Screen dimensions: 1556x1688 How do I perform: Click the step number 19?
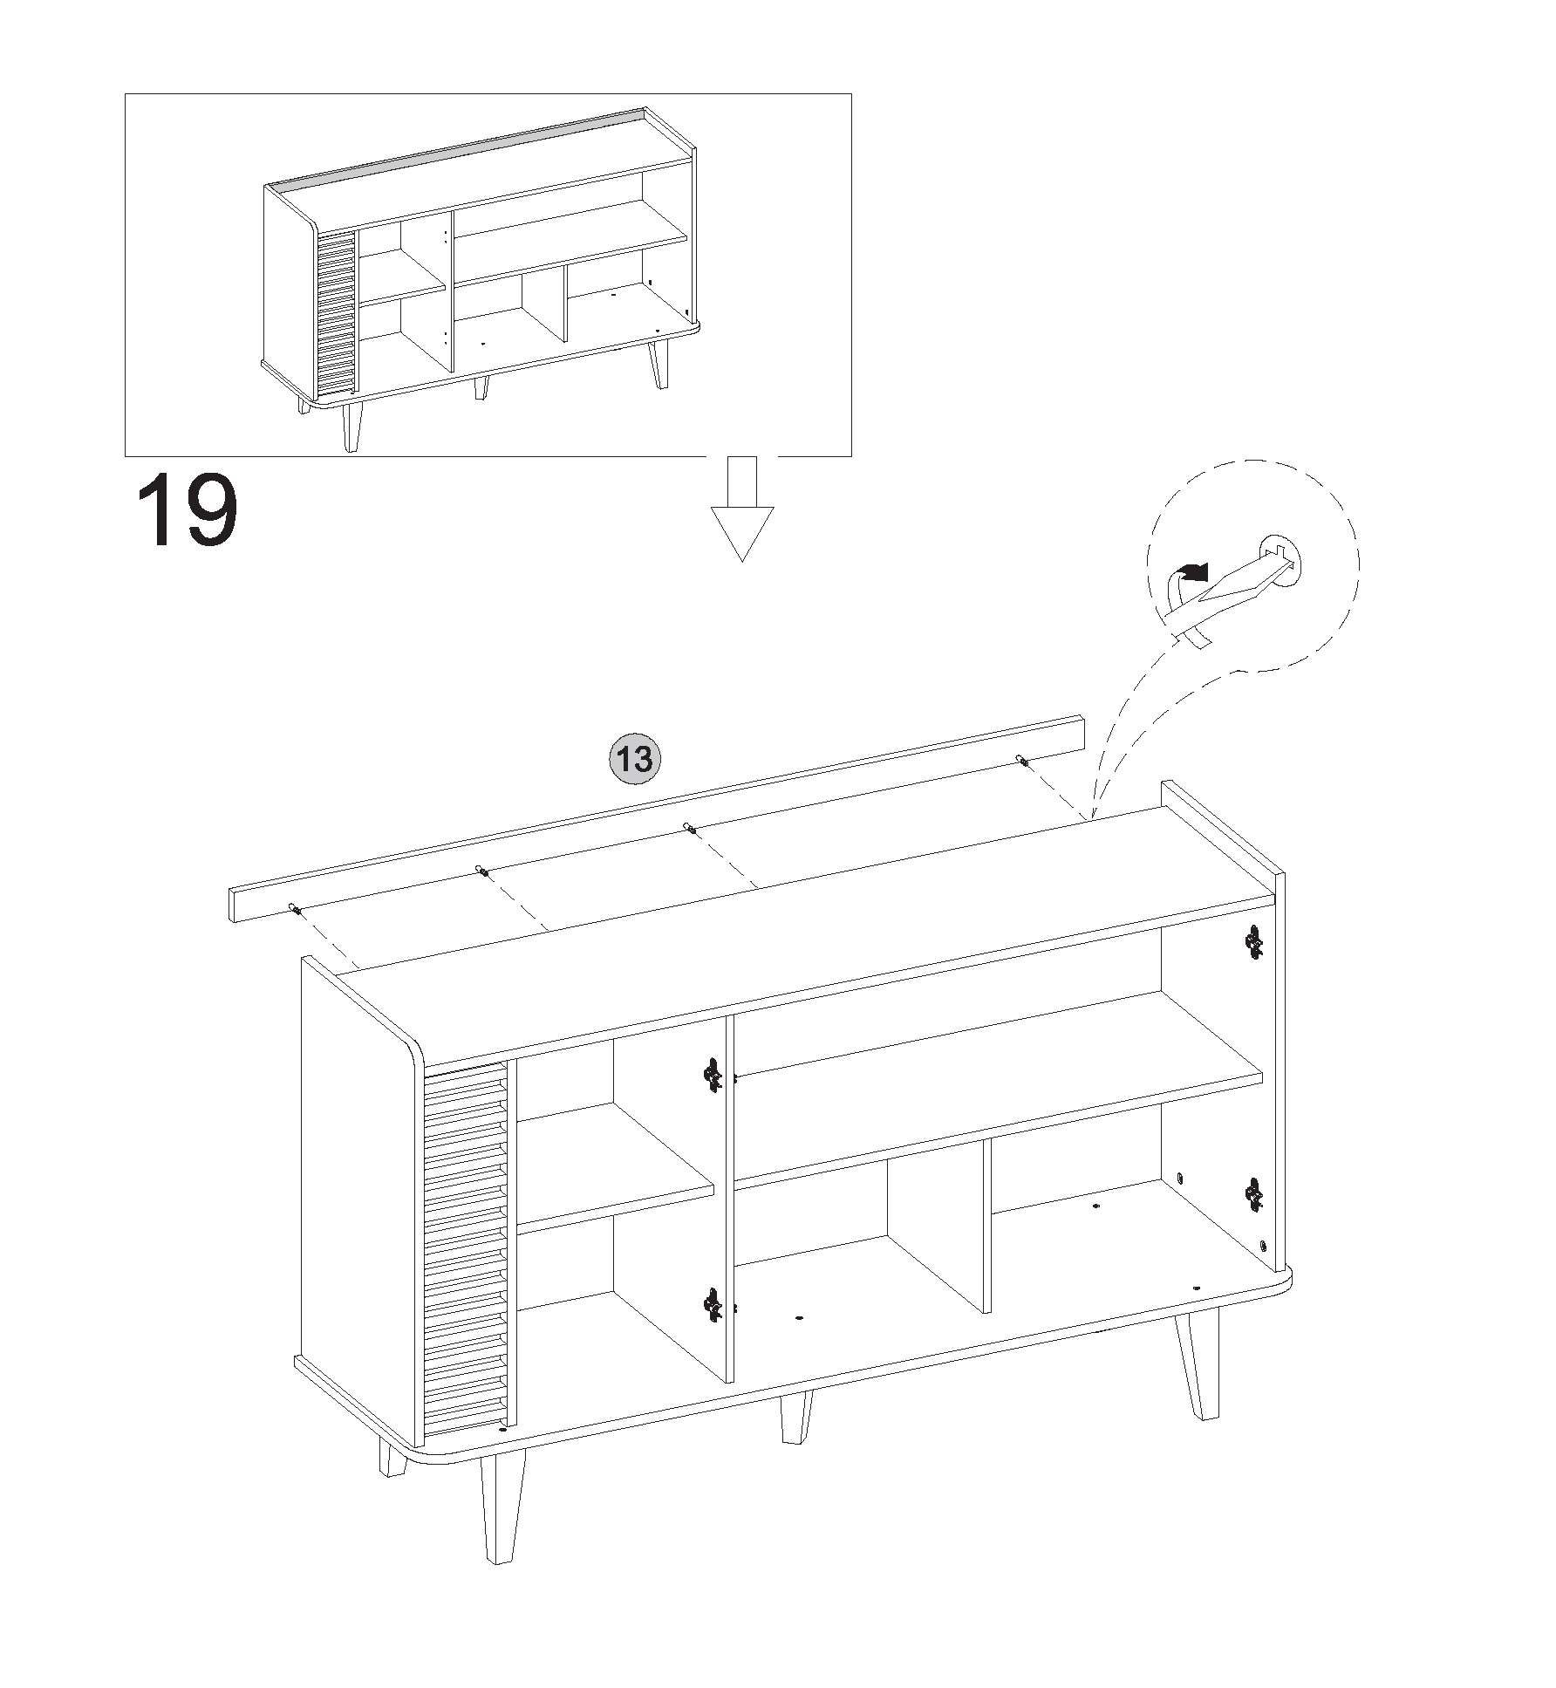pyautogui.click(x=187, y=510)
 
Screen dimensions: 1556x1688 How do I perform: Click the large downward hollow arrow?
pyautogui.click(x=742, y=509)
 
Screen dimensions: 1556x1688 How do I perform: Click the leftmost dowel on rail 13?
pyautogui.click(x=297, y=910)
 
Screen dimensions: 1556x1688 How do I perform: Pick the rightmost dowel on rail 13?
pyautogui.click(x=1022, y=762)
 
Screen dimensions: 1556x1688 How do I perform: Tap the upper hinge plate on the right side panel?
pyautogui.click(x=1254, y=940)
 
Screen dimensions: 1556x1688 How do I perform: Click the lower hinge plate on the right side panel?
pyautogui.click(x=1254, y=1194)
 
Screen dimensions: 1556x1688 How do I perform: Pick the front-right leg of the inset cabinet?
pyautogui.click(x=659, y=362)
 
